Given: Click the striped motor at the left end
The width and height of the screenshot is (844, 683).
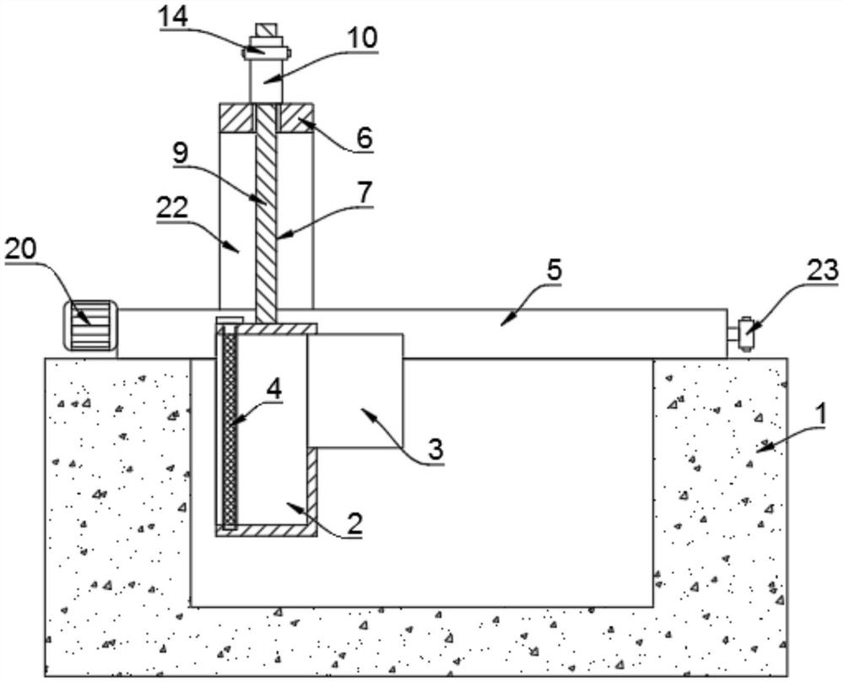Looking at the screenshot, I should click(x=87, y=326).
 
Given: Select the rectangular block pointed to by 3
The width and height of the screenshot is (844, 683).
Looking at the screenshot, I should click(x=355, y=388).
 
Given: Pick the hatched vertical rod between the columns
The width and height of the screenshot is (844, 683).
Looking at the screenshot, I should click(x=266, y=220).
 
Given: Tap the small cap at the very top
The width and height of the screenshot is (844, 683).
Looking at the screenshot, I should click(x=265, y=31).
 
